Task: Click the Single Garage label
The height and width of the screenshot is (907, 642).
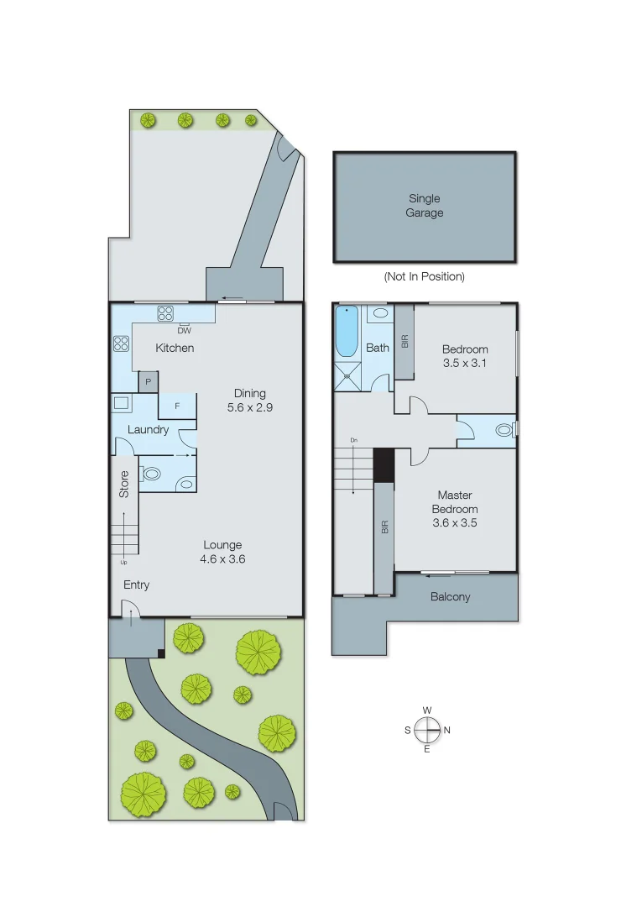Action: coord(425,206)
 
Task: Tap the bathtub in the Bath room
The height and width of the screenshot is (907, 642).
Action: coord(346,333)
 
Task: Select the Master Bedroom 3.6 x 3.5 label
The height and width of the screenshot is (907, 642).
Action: coord(455,509)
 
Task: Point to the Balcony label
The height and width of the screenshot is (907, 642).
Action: coord(450,597)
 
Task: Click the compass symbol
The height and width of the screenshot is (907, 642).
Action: coord(427,730)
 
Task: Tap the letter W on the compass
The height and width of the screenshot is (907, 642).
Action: coord(427,710)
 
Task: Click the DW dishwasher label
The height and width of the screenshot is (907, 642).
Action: coord(185,330)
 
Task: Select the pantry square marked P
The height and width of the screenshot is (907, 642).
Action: coord(148,382)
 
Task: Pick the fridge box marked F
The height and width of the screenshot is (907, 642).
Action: coord(177,406)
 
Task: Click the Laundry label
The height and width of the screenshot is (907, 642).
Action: coord(148,429)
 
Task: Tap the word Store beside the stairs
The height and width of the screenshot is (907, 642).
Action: coord(124,485)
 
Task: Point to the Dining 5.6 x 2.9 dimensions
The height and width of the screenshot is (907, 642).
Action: coord(249,400)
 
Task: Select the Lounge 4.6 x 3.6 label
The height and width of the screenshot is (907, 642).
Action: coord(222,552)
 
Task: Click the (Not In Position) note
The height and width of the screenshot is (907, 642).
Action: coord(424,276)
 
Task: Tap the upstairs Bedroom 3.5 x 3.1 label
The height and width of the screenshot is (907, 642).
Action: coord(465,356)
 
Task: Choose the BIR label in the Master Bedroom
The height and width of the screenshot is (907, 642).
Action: coord(384,527)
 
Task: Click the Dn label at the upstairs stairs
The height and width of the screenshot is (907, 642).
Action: coord(354,440)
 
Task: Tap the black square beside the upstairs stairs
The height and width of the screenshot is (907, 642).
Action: coord(384,464)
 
